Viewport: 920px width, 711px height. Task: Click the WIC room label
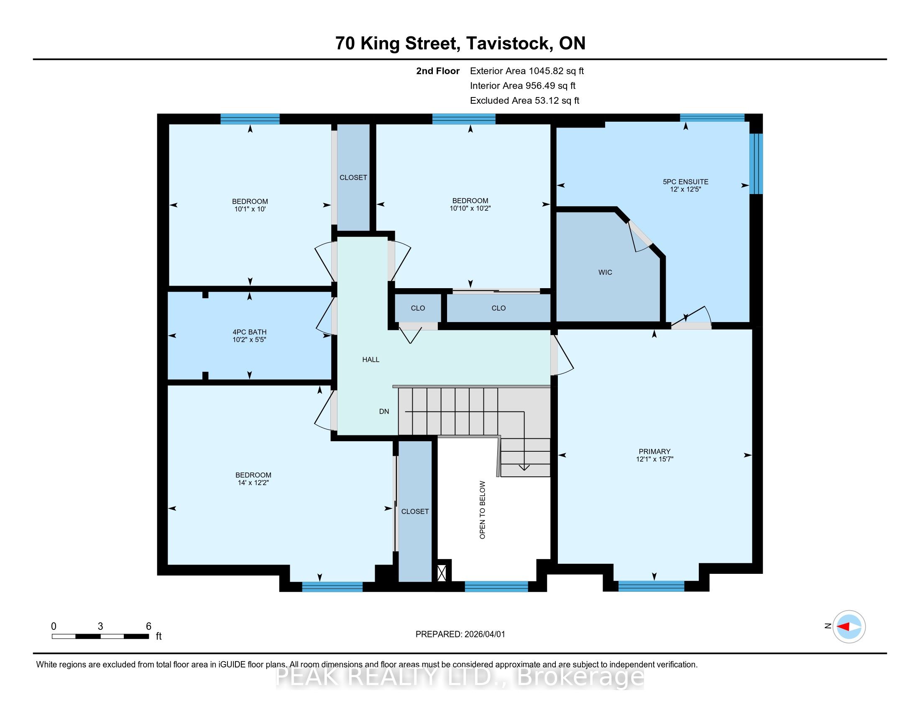coord(605,273)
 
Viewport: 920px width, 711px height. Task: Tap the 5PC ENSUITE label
coord(685,182)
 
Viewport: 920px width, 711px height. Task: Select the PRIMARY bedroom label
coord(654,452)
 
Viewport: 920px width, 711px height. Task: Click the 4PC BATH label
coord(249,332)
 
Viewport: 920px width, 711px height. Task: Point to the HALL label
coord(371,360)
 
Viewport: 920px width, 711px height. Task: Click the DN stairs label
coord(384,412)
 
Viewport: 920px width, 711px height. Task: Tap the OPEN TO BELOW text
coord(483,510)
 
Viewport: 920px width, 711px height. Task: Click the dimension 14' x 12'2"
coord(253,483)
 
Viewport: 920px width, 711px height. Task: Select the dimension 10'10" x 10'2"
coord(470,208)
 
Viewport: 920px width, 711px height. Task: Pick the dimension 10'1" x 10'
coord(250,209)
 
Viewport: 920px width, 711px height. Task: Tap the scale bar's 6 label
coord(148,627)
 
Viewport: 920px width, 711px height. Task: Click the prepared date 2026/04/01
coord(484,634)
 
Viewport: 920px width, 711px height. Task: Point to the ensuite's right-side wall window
coord(756,164)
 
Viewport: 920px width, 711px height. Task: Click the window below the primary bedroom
coord(651,586)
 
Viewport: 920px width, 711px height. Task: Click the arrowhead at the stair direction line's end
coord(524,468)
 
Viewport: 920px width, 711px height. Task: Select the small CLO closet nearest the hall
coord(418,308)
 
